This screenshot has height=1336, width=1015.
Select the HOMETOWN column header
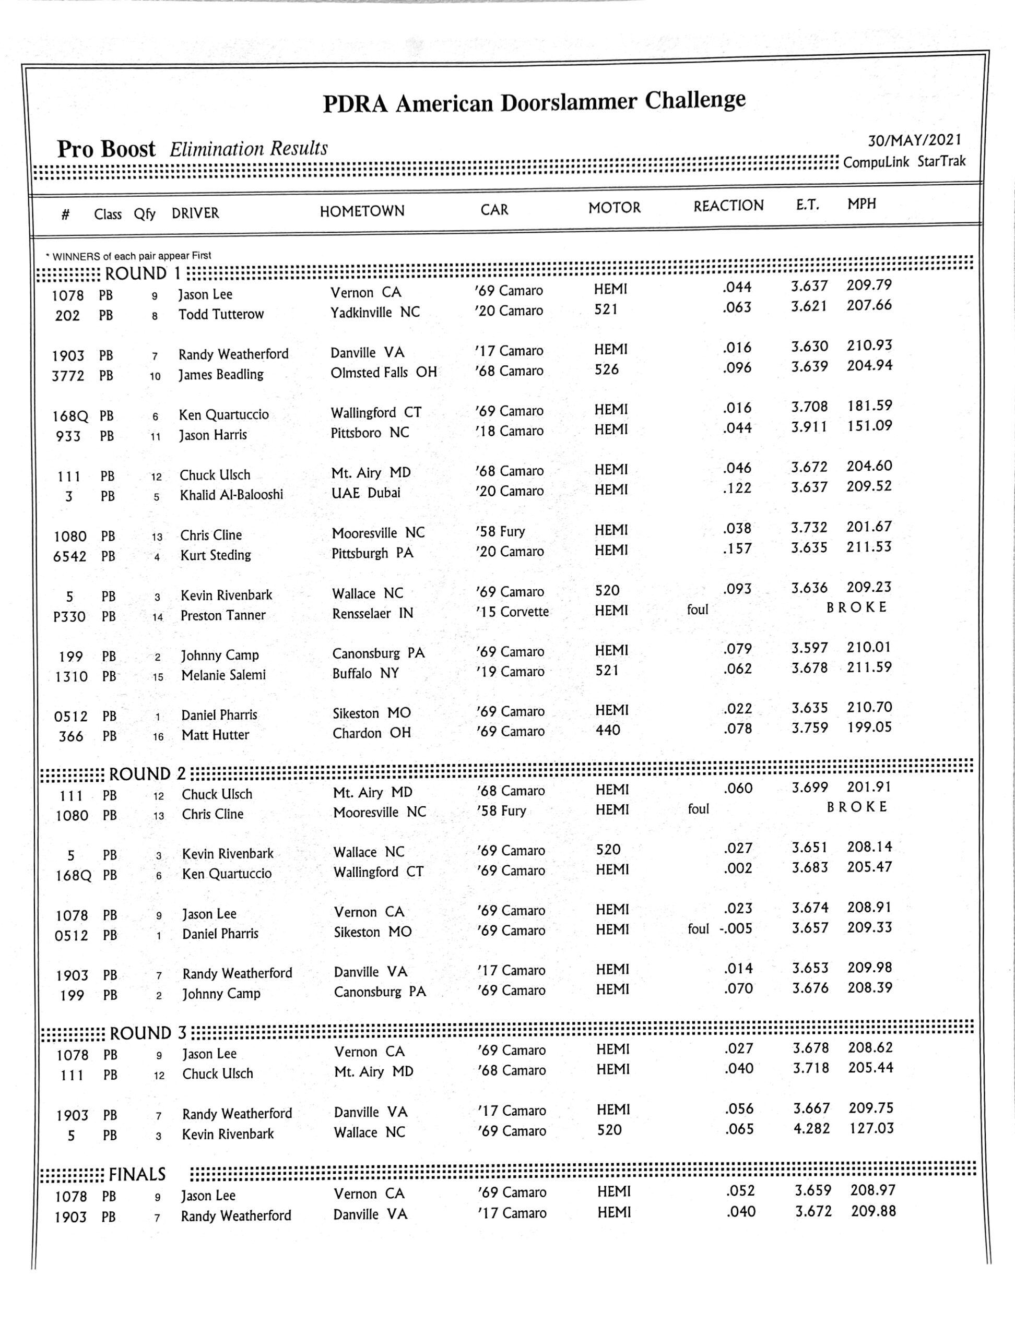[362, 211]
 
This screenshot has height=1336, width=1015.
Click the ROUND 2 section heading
[147, 774]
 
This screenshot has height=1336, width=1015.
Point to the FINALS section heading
[137, 1174]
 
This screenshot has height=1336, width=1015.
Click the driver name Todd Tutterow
[221, 314]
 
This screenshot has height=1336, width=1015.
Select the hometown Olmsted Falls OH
[383, 372]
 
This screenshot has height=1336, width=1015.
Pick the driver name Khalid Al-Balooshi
[231, 495]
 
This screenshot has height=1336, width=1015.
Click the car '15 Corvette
[512, 612]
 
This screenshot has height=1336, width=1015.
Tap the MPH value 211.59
[869, 667]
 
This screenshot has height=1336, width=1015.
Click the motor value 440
[607, 730]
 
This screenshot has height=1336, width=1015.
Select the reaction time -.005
[737, 928]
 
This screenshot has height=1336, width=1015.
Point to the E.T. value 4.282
[811, 1128]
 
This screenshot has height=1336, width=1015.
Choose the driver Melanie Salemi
[223, 675]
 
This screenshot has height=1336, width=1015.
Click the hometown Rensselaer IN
[372, 613]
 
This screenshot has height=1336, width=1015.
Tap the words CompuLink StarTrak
[904, 162]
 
